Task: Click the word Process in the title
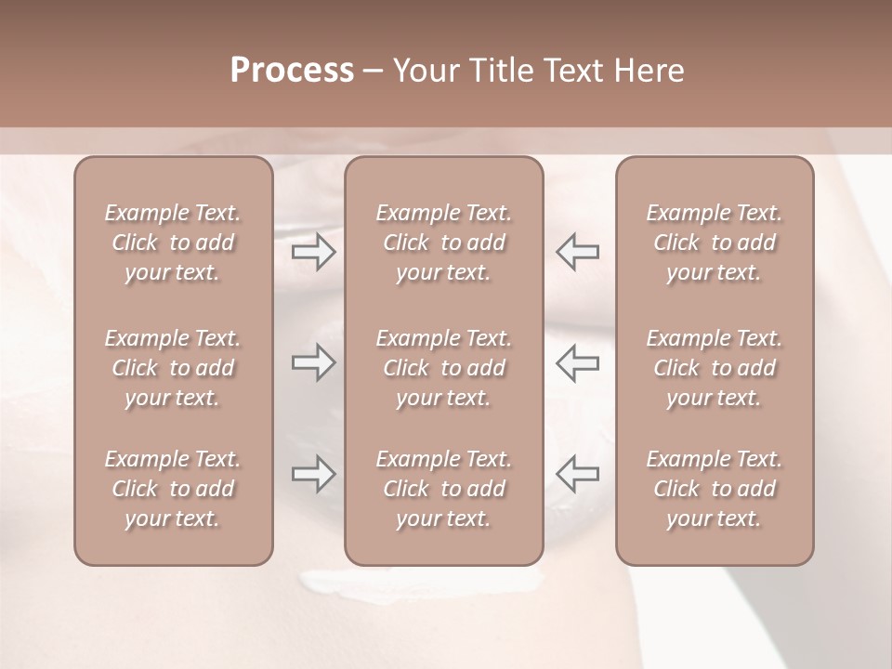pyautogui.click(x=292, y=71)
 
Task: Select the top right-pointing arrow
pyautogui.click(x=313, y=252)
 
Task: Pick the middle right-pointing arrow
pyautogui.click(x=313, y=363)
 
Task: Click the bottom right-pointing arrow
pyautogui.click(x=313, y=475)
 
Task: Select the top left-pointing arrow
pyautogui.click(x=578, y=252)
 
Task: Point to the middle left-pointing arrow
pyautogui.click(x=578, y=363)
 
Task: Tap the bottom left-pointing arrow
pyautogui.click(x=578, y=475)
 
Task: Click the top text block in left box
pyautogui.click(x=173, y=243)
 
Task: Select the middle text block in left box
pyautogui.click(x=173, y=368)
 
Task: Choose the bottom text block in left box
pyautogui.click(x=173, y=489)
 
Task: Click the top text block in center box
pyautogui.click(x=444, y=243)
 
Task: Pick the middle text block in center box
pyautogui.click(x=444, y=368)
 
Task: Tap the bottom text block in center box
pyautogui.click(x=444, y=489)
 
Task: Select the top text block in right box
pyautogui.click(x=715, y=243)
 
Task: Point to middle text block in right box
pyautogui.click(x=715, y=368)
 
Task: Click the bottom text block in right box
pyautogui.click(x=715, y=489)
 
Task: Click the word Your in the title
pyautogui.click(x=424, y=71)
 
